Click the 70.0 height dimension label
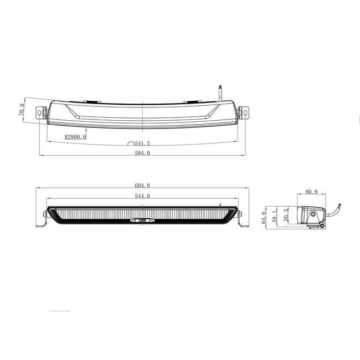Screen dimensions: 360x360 point(22,109)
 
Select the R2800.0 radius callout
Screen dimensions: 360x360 point(75,137)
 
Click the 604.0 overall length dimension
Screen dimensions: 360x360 point(143,186)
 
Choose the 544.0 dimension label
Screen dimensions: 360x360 point(143,197)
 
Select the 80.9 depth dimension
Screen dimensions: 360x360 point(312,193)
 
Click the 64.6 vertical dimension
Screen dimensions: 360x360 point(264,215)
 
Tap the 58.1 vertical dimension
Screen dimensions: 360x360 point(275,215)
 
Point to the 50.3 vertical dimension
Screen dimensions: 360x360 point(286,215)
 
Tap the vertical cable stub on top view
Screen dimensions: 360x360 point(220,92)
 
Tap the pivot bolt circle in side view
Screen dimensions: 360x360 point(314,214)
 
